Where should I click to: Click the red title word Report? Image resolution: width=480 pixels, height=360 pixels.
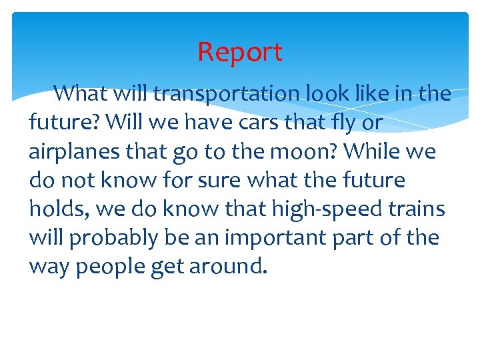(x=240, y=52)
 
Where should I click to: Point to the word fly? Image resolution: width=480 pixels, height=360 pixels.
(x=341, y=123)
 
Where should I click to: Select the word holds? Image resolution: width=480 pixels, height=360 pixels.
(x=58, y=209)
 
